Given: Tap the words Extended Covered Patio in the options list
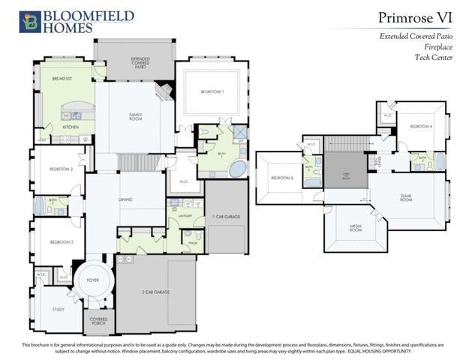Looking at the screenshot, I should [x=417, y=37].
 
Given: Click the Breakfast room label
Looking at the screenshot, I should [x=62, y=78].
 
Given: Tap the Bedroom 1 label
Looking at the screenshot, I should [x=212, y=91].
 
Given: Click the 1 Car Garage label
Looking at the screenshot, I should [x=226, y=216].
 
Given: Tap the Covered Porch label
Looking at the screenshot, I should [x=97, y=321].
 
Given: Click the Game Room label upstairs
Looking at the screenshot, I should [x=406, y=199].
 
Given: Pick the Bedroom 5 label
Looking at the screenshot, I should [x=281, y=178].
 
